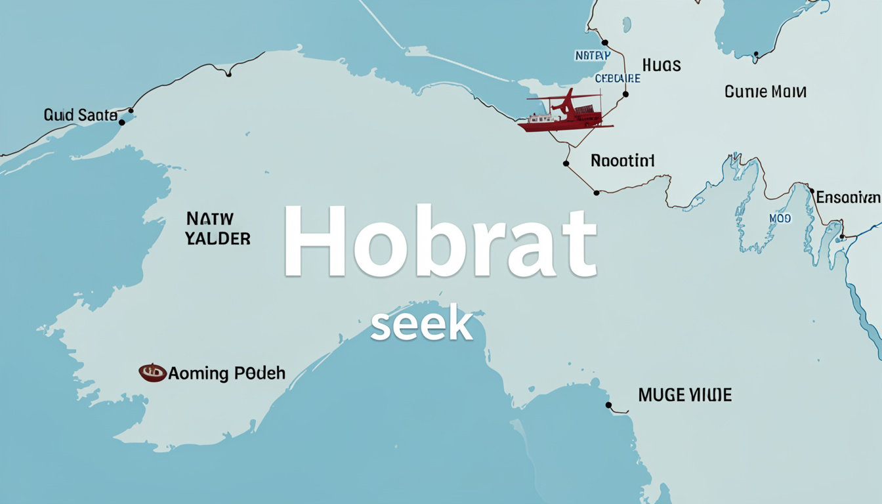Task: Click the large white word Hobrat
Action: pos(440,241)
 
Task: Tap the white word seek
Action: pos(421,324)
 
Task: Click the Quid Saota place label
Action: pos(80,115)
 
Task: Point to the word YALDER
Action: pos(218,238)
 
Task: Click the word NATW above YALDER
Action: pos(210,219)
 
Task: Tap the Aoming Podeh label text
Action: pos(226,373)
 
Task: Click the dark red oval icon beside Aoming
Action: pos(152,373)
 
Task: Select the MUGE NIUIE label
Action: pos(684,395)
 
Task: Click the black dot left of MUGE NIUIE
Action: pos(608,405)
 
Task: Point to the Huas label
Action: pos(661,66)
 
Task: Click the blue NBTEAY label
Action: pos(592,56)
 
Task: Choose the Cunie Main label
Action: pos(765,92)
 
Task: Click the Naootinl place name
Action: pos(623,161)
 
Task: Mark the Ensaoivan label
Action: pos(848,197)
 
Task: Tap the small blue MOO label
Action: pos(780,219)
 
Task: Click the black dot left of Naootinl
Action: pos(566,163)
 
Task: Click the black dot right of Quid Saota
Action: pos(122,122)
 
